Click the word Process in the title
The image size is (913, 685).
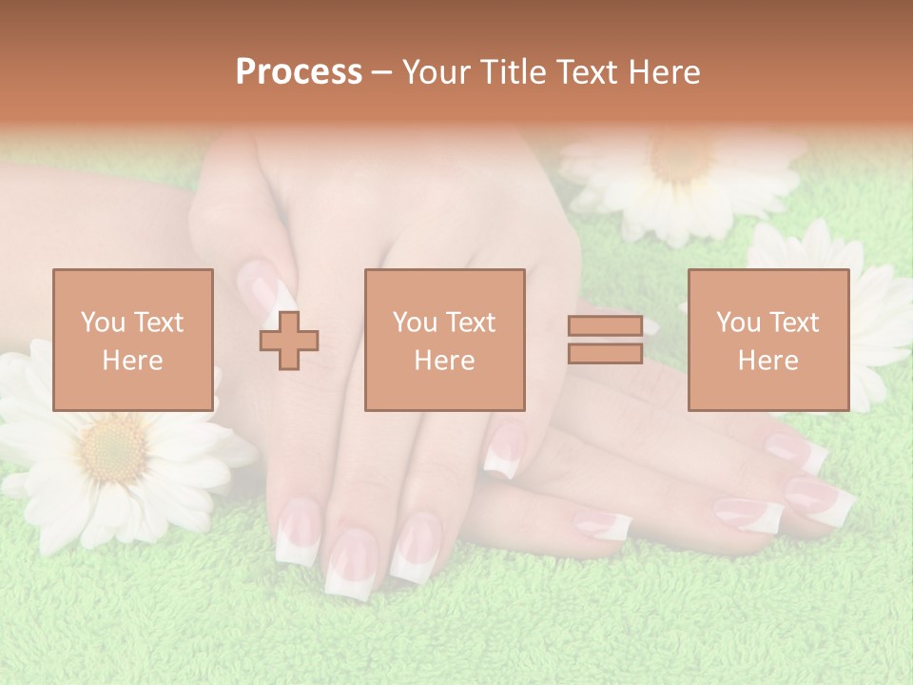(x=299, y=72)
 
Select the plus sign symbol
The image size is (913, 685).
(x=289, y=341)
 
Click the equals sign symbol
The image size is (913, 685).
(x=605, y=340)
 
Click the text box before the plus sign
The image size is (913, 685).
(x=133, y=340)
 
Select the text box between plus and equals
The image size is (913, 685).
(x=444, y=340)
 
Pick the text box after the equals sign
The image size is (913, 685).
(x=767, y=340)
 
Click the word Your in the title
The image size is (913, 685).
(x=435, y=72)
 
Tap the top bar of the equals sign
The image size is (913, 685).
(x=605, y=326)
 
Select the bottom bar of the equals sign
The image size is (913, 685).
(x=605, y=354)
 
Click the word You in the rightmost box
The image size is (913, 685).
(x=737, y=323)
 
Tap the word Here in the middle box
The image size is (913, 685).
(x=444, y=361)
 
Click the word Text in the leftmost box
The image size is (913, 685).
(x=158, y=323)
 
